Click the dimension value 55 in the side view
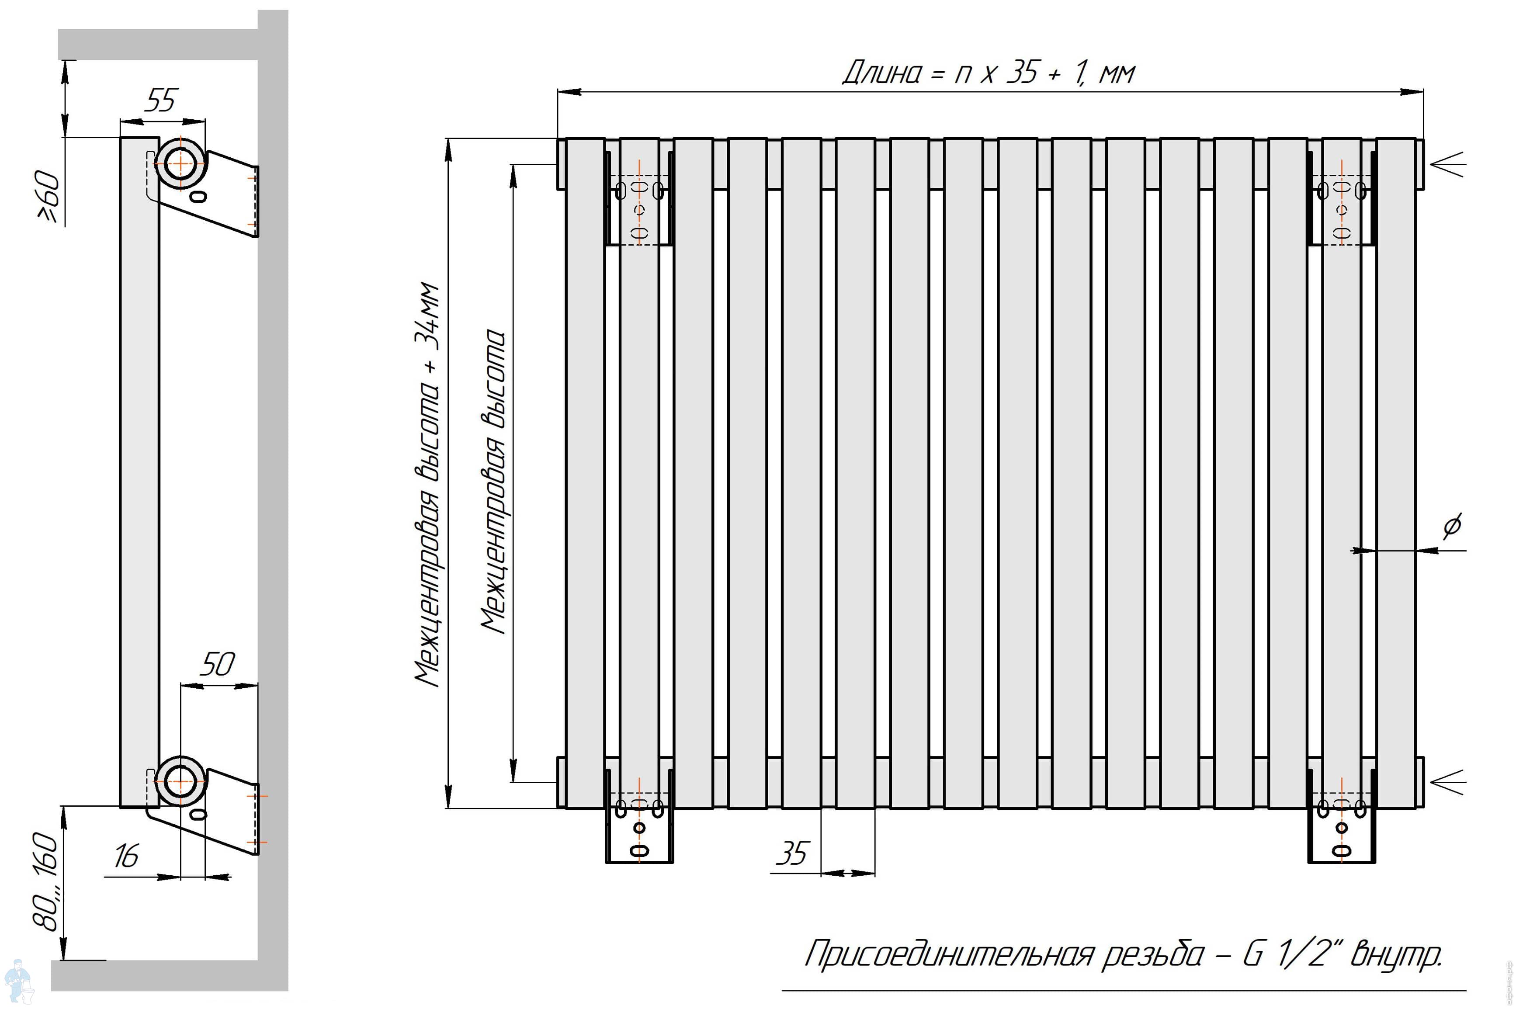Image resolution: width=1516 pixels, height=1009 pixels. [x=161, y=101]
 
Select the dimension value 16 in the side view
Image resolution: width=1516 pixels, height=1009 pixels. [x=126, y=856]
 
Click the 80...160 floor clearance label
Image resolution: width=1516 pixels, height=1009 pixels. [x=46, y=881]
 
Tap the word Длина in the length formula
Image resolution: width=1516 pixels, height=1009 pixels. [x=881, y=73]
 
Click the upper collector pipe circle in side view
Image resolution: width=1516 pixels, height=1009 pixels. [x=181, y=163]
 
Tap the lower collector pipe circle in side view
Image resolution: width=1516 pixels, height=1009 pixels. [x=181, y=781]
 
